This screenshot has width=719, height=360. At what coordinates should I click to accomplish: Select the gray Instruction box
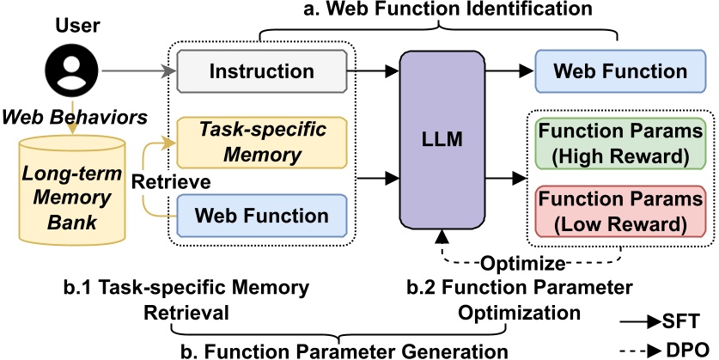(x=262, y=71)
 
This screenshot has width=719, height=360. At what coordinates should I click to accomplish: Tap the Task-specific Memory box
(x=262, y=143)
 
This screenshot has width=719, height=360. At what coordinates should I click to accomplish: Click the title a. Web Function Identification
(x=438, y=11)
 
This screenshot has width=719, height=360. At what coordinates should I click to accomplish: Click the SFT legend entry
(x=661, y=320)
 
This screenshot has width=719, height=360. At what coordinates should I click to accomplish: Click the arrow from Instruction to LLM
(x=379, y=71)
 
